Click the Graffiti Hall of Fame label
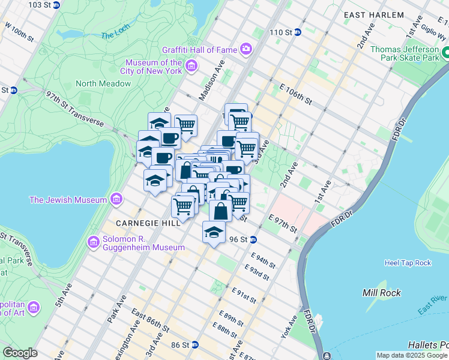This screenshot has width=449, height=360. click(x=200, y=49)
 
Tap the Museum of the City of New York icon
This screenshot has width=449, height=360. click(x=191, y=66)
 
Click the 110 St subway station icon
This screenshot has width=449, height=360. click(x=297, y=32)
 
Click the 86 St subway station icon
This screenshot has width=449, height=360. click(x=194, y=346)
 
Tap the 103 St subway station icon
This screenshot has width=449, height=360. click(x=56, y=5)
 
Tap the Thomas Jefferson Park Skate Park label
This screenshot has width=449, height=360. click(x=405, y=53)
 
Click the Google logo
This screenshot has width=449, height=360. click(x=20, y=353)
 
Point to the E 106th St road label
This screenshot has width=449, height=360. click(x=296, y=93)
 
